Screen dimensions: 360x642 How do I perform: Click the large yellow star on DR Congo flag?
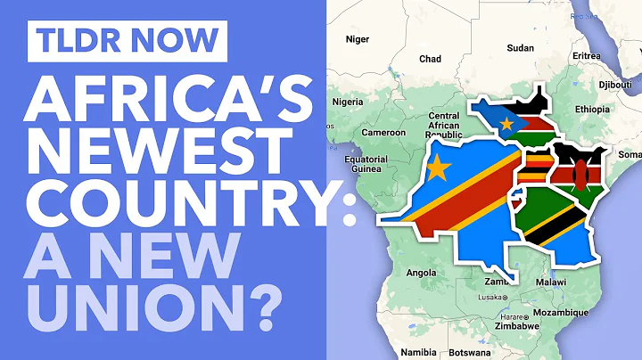tap(437, 167)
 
